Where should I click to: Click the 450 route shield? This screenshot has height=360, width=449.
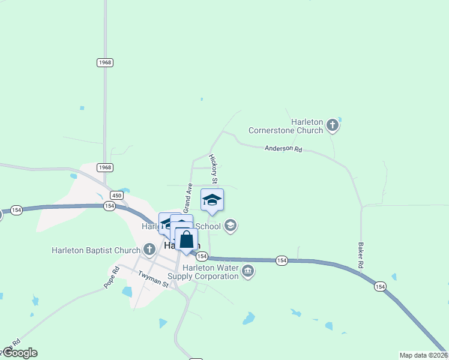coord(116,195)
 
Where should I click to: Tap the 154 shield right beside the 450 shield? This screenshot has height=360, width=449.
coord(109,206)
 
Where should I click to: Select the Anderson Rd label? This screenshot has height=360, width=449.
coord(283,148)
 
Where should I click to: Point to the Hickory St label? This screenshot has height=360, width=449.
coord(213,169)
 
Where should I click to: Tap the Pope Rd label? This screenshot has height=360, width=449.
coord(112,277)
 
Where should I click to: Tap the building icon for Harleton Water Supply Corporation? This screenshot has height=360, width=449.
coord(247,272)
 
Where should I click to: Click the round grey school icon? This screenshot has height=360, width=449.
coord(230,226)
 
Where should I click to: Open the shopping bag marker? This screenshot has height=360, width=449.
coord(187,239)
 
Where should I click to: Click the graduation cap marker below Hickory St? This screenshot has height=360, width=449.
coord(212,200)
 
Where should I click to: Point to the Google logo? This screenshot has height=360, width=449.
coord(19,353)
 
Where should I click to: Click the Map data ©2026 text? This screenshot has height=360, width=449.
coord(424,355)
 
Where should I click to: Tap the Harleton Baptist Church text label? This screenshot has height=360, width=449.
coord(96,250)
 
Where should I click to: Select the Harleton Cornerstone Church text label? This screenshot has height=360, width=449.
coord(286,125)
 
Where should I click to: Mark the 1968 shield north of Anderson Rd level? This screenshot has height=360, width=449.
coord(105,62)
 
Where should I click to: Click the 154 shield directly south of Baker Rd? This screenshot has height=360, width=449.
coord(379,287)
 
